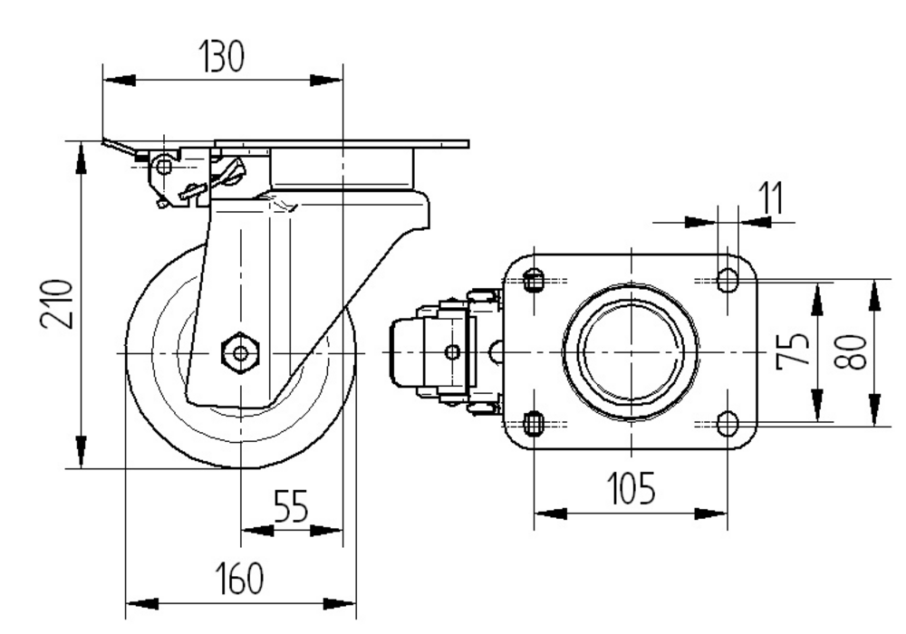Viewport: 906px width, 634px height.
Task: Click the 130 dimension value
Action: [x=221, y=57]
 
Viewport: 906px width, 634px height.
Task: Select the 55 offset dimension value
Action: [x=290, y=509]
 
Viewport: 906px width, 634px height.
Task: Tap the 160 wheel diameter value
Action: [x=239, y=579]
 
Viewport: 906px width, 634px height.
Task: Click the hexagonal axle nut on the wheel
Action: [x=240, y=351]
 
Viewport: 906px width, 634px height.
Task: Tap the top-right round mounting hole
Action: [x=727, y=280]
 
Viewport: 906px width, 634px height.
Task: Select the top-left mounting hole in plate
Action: [x=535, y=280]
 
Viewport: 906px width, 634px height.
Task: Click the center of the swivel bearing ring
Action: [x=631, y=351]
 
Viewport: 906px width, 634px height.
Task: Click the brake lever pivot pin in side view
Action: [x=164, y=167]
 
